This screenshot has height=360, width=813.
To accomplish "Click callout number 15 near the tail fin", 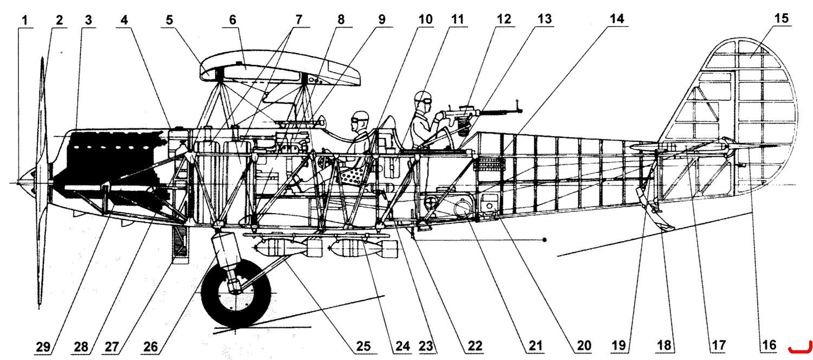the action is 782,18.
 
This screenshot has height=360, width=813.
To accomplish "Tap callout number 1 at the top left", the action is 25,20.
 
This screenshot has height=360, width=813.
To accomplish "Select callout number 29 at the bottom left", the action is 43,346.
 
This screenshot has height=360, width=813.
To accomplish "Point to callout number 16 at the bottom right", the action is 769,345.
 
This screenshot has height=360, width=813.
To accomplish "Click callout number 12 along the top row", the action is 504,19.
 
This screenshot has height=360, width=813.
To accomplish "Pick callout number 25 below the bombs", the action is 363,346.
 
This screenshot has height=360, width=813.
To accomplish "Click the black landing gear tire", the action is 236,294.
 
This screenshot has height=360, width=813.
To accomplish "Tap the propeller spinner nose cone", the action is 25,183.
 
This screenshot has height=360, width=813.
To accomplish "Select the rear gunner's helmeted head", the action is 423,101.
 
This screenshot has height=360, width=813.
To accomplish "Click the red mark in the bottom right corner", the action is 800,349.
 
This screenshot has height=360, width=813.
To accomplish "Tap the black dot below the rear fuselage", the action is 544,240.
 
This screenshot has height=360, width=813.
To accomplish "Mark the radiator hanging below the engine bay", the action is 179,242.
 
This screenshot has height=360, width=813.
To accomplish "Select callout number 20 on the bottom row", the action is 584,345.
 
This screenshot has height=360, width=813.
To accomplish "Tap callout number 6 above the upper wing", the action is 233,20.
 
